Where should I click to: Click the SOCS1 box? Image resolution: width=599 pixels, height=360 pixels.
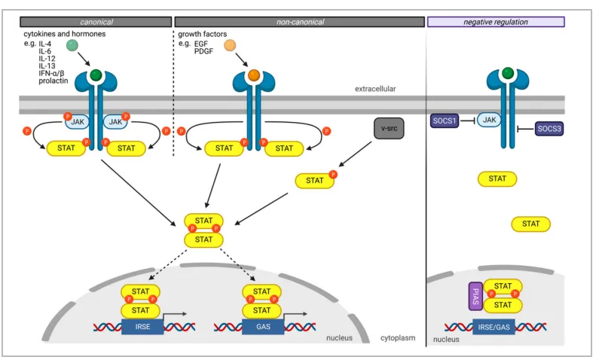(445, 121)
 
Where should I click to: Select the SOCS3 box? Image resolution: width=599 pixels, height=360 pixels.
(549, 129)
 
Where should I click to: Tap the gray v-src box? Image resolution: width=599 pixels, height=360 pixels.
(389, 128)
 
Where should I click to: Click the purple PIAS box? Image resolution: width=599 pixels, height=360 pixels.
(475, 296)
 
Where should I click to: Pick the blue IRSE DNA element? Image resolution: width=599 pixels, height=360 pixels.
(142, 327)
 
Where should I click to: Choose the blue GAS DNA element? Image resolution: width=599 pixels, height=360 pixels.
(263, 327)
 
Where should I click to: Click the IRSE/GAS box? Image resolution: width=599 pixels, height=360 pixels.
(494, 327)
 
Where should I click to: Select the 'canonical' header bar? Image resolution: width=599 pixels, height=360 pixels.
(96, 22)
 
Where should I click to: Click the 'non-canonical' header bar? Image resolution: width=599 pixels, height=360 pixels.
(300, 22)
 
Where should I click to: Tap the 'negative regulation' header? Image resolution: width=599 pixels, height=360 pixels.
(496, 22)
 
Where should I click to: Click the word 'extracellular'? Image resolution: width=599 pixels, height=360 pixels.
(375, 89)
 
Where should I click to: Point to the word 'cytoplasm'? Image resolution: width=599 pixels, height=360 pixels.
(398, 338)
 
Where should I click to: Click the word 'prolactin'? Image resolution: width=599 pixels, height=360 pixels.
(53, 81)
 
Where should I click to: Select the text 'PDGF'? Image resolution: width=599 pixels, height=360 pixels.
(203, 51)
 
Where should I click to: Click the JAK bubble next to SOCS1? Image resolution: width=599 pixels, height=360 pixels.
(489, 120)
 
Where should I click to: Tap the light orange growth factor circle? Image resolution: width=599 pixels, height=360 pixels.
(230, 45)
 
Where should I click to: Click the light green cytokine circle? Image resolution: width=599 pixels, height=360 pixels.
(72, 45)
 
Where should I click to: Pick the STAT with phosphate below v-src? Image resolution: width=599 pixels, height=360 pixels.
(315, 180)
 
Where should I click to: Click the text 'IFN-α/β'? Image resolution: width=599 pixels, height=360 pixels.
(51, 73)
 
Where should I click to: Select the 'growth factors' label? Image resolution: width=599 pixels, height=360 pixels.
(202, 34)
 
